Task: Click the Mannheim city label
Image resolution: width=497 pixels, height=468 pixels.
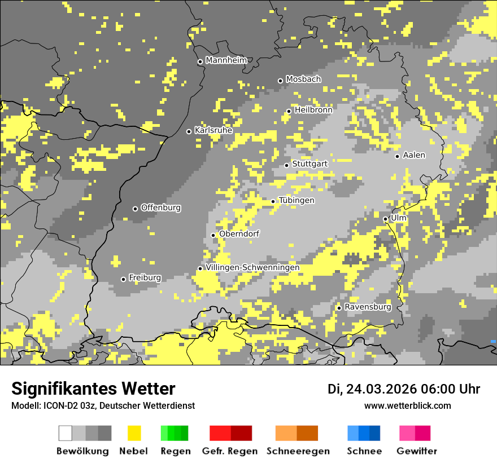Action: pos(226,60)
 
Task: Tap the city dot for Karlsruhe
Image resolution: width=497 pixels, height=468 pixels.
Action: pos(189,131)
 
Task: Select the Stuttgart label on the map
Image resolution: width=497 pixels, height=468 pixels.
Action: pos(309,164)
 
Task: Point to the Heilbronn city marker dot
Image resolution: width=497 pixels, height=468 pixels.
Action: pos(289,111)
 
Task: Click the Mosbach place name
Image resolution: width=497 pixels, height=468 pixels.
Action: pos(303,80)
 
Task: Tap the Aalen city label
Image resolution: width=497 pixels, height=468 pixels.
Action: pos(414,155)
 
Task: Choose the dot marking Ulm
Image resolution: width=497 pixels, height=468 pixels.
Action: pos(385,219)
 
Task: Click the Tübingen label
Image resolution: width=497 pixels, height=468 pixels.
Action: pos(297,201)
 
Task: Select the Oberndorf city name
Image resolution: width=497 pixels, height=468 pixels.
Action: pos(239,234)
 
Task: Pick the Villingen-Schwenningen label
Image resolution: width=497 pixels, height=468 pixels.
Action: pos(252,267)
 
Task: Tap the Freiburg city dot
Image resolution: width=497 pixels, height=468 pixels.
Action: pos(123,279)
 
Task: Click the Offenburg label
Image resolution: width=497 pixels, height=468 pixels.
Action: pos(161,207)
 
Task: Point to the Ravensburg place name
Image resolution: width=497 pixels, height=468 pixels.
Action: pos(368,307)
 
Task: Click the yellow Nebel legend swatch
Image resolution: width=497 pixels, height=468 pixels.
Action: pos(134,433)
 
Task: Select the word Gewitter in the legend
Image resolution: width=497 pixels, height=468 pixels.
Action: pos(417,451)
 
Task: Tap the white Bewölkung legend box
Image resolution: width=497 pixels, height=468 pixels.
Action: pos(66,433)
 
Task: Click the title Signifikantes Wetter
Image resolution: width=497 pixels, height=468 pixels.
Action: pos(93,388)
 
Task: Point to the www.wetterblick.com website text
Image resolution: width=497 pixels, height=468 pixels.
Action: pos(407,406)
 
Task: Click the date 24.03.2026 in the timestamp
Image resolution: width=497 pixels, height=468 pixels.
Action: pos(382,389)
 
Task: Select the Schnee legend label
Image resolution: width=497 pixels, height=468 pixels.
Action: pos(364,451)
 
